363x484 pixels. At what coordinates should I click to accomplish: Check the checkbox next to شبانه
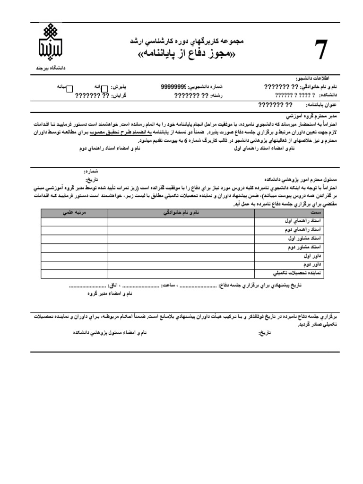coord(69,87)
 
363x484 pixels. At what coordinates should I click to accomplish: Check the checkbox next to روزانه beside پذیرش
coord(105,88)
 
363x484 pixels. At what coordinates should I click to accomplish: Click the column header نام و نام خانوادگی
coord(181,214)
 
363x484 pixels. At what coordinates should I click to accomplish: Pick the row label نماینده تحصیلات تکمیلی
coord(297,273)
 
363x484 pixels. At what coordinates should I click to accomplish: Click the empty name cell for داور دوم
coord(181,265)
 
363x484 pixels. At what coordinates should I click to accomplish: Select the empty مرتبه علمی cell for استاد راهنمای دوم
coord(74,230)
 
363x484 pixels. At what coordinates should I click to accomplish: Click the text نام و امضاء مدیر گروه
coord(109,294)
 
